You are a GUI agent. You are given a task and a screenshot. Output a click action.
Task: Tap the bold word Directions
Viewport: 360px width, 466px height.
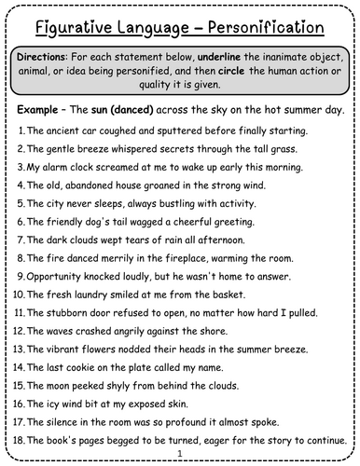pyautogui.click(x=45, y=58)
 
